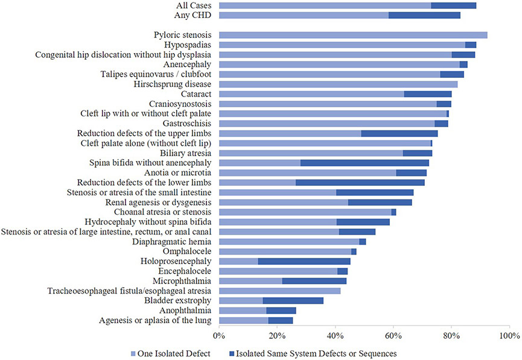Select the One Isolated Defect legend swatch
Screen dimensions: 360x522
click(133, 352)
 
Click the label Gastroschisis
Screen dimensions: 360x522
click(186, 123)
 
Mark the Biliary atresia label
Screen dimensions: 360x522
click(184, 153)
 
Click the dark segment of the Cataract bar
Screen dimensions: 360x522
click(427, 93)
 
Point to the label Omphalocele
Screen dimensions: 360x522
click(186, 251)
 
